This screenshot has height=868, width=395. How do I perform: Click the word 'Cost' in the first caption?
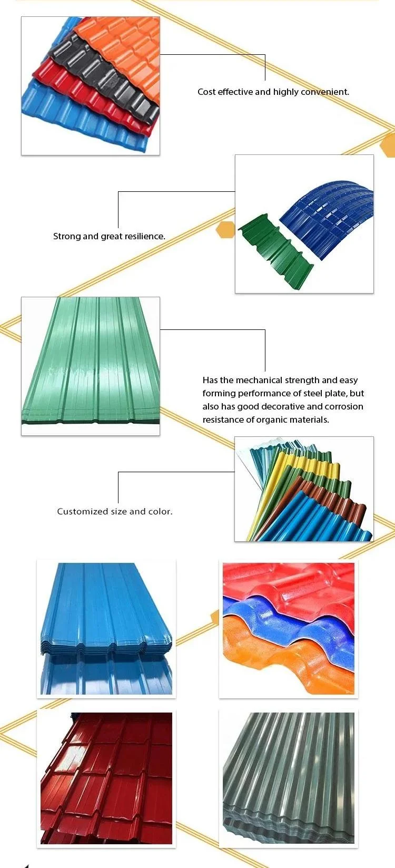click(206, 92)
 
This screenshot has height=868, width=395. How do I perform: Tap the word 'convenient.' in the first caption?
click(325, 92)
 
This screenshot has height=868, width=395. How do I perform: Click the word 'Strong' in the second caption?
click(67, 236)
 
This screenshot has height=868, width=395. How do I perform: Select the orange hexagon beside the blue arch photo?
click(226, 230)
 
